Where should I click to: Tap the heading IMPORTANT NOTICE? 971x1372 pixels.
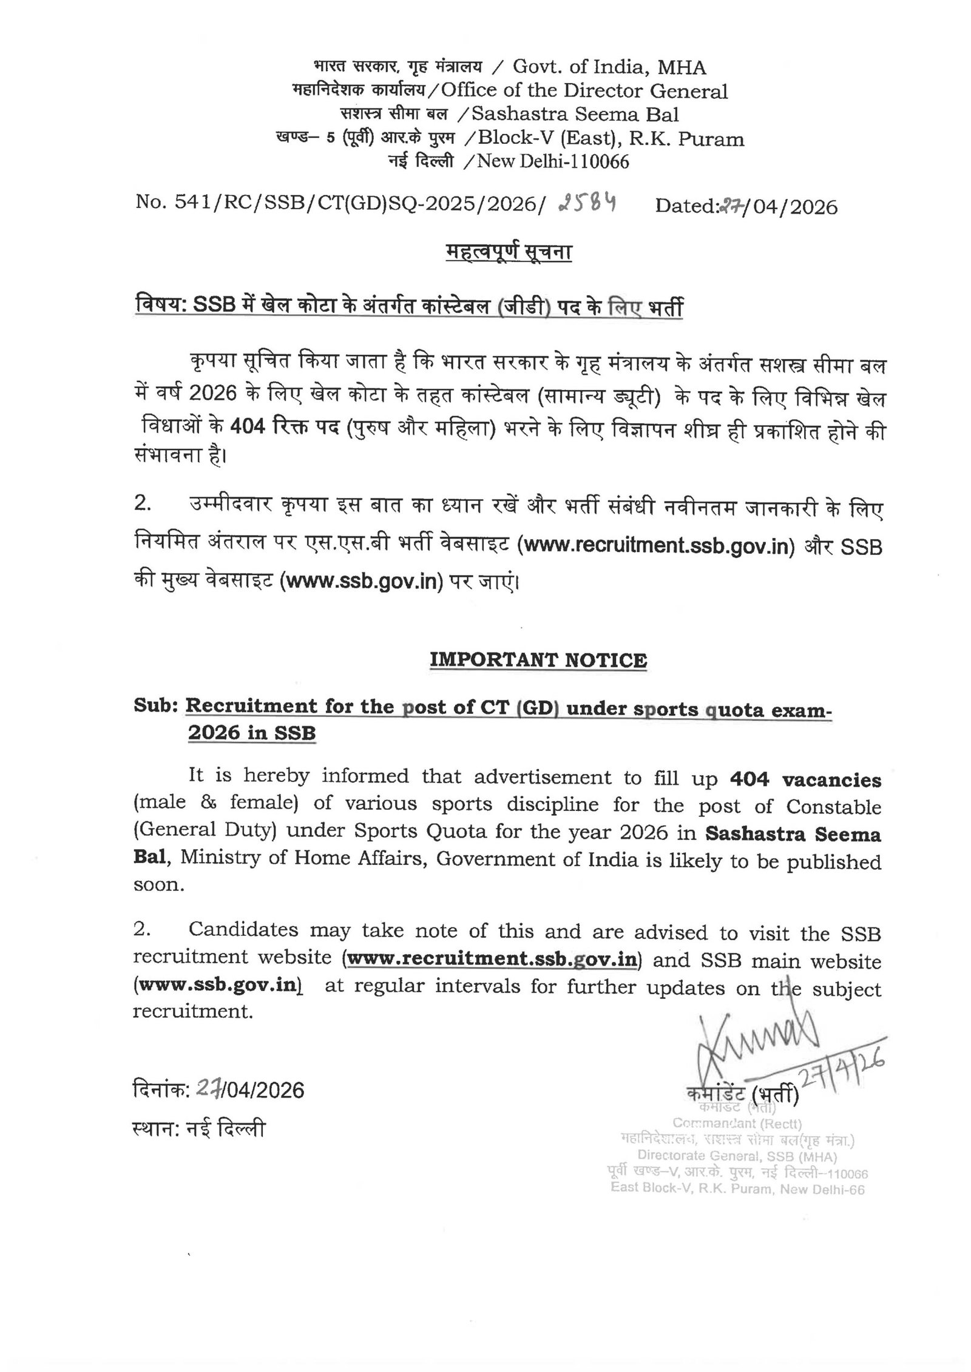pyautogui.click(x=538, y=660)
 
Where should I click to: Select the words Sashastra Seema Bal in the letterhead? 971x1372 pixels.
pyautogui.click(x=575, y=115)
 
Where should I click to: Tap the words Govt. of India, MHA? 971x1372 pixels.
pyautogui.click(x=609, y=67)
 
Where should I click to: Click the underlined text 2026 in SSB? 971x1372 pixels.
pyautogui.click(x=251, y=733)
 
